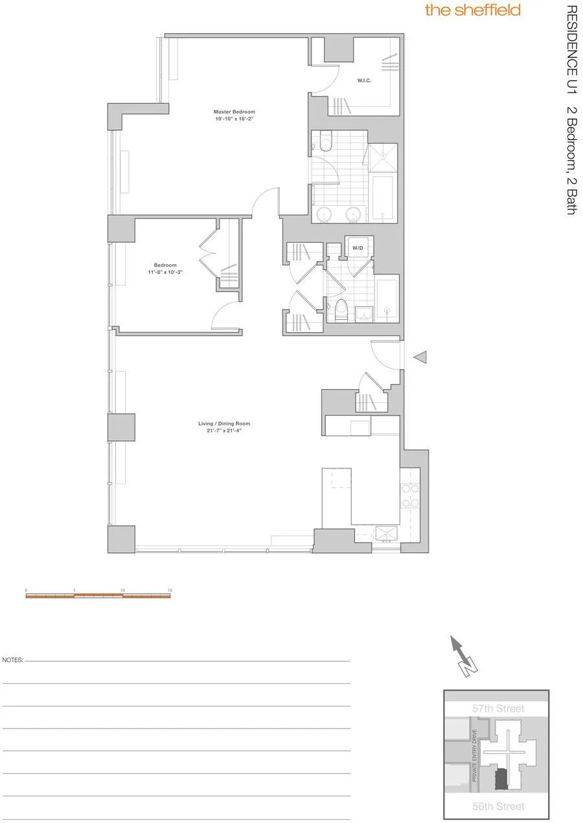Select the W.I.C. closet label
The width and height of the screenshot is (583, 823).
tap(363, 82)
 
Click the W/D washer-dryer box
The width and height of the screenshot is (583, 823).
tap(358, 247)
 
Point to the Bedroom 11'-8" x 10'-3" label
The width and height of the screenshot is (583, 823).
tap(165, 269)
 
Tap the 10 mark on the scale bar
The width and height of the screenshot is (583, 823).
tap(122, 591)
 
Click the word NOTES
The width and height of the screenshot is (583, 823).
tap(13, 660)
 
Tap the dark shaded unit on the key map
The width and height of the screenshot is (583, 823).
tap(501, 780)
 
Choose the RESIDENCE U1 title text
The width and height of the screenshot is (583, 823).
tap(571, 47)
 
